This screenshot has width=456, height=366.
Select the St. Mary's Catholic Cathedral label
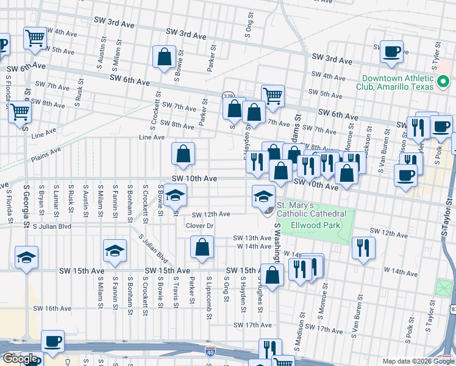click(x=312, y=209)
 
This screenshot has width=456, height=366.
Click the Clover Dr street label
click(x=199, y=226)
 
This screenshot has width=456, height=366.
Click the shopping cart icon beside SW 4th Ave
click(x=35, y=38)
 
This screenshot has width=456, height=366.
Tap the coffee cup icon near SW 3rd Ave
click(x=391, y=51)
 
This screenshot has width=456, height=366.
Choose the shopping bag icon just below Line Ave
click(x=183, y=154)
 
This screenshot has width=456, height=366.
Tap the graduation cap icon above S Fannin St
click(x=114, y=251)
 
